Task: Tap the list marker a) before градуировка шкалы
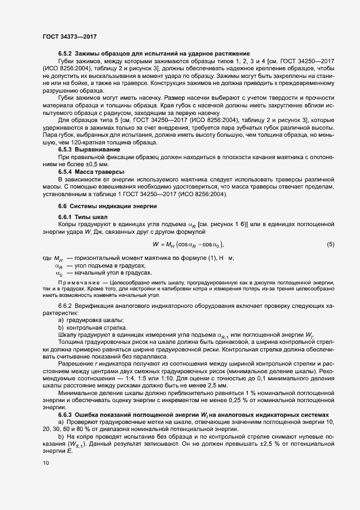[61, 320]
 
